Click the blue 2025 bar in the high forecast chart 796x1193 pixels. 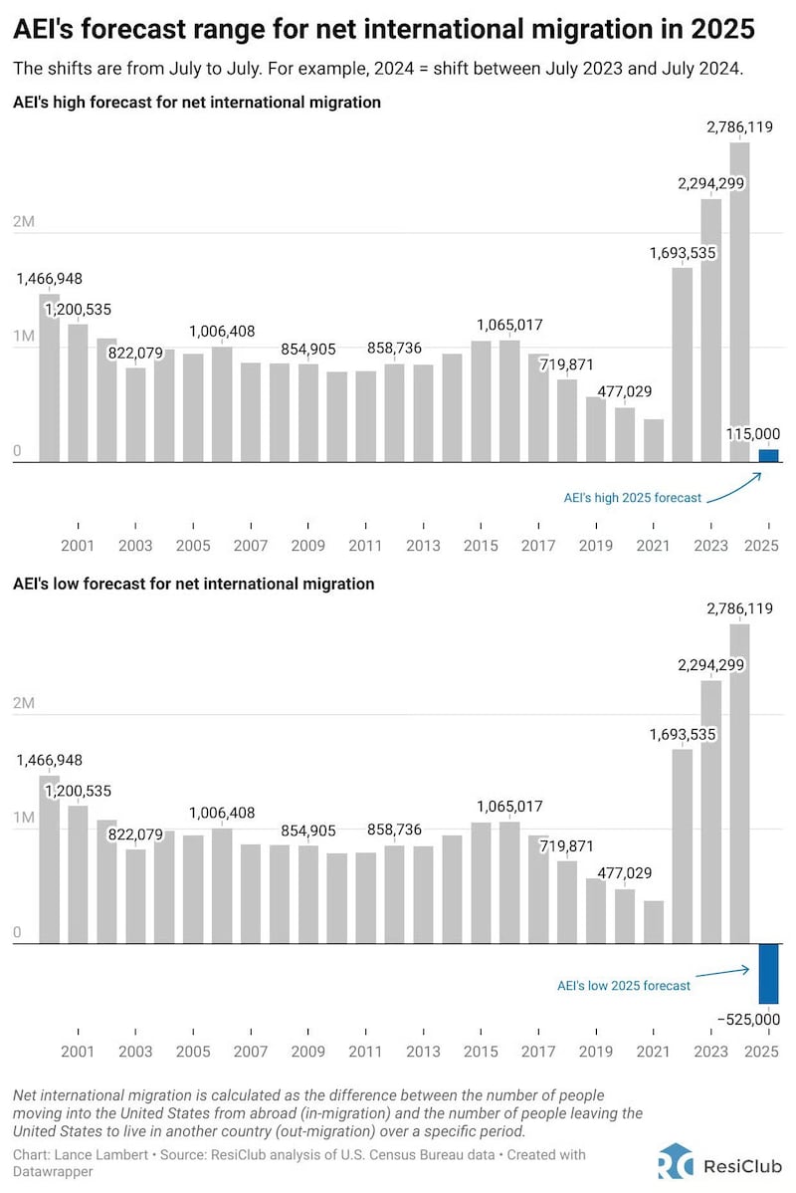pos(768,456)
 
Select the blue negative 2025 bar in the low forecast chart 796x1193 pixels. pos(768,973)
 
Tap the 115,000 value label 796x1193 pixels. pos(754,433)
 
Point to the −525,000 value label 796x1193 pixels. pos(747,1019)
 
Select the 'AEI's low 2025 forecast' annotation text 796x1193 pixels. pos(623,985)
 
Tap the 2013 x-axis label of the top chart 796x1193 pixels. pos(423,546)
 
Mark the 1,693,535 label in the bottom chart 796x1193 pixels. pos(683,734)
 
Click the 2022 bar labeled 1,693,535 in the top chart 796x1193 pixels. pos(682,364)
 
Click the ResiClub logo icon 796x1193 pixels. pos(675,1161)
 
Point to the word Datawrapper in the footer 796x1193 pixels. pos(48,1172)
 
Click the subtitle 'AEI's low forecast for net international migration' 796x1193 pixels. pos(193,584)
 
